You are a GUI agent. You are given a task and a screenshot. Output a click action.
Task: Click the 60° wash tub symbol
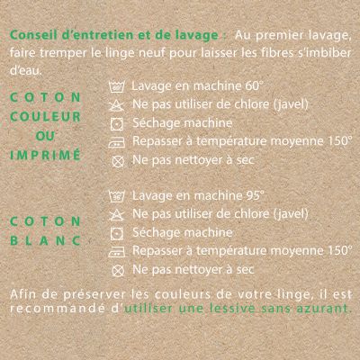tap(117, 86)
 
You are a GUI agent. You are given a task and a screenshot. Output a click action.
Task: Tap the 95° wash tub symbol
tap(117, 196)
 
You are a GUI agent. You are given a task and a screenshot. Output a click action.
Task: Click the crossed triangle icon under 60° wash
tap(117, 105)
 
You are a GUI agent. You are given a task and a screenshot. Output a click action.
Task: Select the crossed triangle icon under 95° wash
tap(117, 214)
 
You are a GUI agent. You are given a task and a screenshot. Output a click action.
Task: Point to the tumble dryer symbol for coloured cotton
tap(117, 124)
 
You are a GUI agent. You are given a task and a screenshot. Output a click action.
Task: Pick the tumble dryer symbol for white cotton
tap(117, 233)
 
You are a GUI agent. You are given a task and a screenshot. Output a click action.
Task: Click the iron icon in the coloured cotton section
tap(117, 142)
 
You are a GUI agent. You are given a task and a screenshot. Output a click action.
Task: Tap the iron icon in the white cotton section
tap(117, 252)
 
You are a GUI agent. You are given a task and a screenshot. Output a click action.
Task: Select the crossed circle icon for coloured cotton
tap(118, 161)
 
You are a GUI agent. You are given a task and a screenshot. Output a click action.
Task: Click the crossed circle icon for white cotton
tap(118, 271)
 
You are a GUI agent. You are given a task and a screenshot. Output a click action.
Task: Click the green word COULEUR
tap(46, 117)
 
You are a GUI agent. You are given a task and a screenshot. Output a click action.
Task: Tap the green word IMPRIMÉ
tap(46, 155)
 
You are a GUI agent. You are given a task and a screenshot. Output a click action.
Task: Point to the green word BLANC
tap(46, 240)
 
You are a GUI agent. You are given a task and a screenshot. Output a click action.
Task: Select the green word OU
tap(45, 136)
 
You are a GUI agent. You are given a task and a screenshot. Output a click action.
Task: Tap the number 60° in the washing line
tap(253, 86)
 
